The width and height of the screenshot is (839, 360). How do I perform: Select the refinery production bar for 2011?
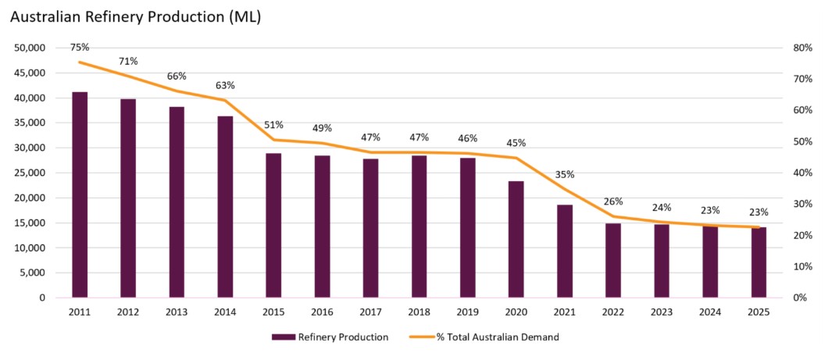point(80,194)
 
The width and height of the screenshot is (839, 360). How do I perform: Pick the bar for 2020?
point(516,239)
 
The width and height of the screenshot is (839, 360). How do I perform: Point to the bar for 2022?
point(613,260)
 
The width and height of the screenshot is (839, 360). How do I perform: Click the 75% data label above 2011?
point(80,47)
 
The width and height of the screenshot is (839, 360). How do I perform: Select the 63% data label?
point(225,85)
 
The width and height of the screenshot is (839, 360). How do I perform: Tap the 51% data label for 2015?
point(273,125)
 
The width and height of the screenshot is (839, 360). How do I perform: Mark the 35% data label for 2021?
point(564,175)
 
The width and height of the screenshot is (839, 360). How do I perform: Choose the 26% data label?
point(613,201)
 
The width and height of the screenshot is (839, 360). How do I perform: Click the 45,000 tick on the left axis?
point(30,73)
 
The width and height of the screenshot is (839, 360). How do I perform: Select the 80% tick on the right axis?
point(803,48)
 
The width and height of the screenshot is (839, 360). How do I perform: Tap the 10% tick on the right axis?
point(803,266)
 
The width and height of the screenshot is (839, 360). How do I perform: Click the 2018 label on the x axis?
point(419,312)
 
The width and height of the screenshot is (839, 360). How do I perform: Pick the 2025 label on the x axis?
point(759,312)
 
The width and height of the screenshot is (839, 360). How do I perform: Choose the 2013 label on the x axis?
point(177,312)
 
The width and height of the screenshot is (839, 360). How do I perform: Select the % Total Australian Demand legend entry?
point(484,337)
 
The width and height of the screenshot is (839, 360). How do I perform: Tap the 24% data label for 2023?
point(662,208)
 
